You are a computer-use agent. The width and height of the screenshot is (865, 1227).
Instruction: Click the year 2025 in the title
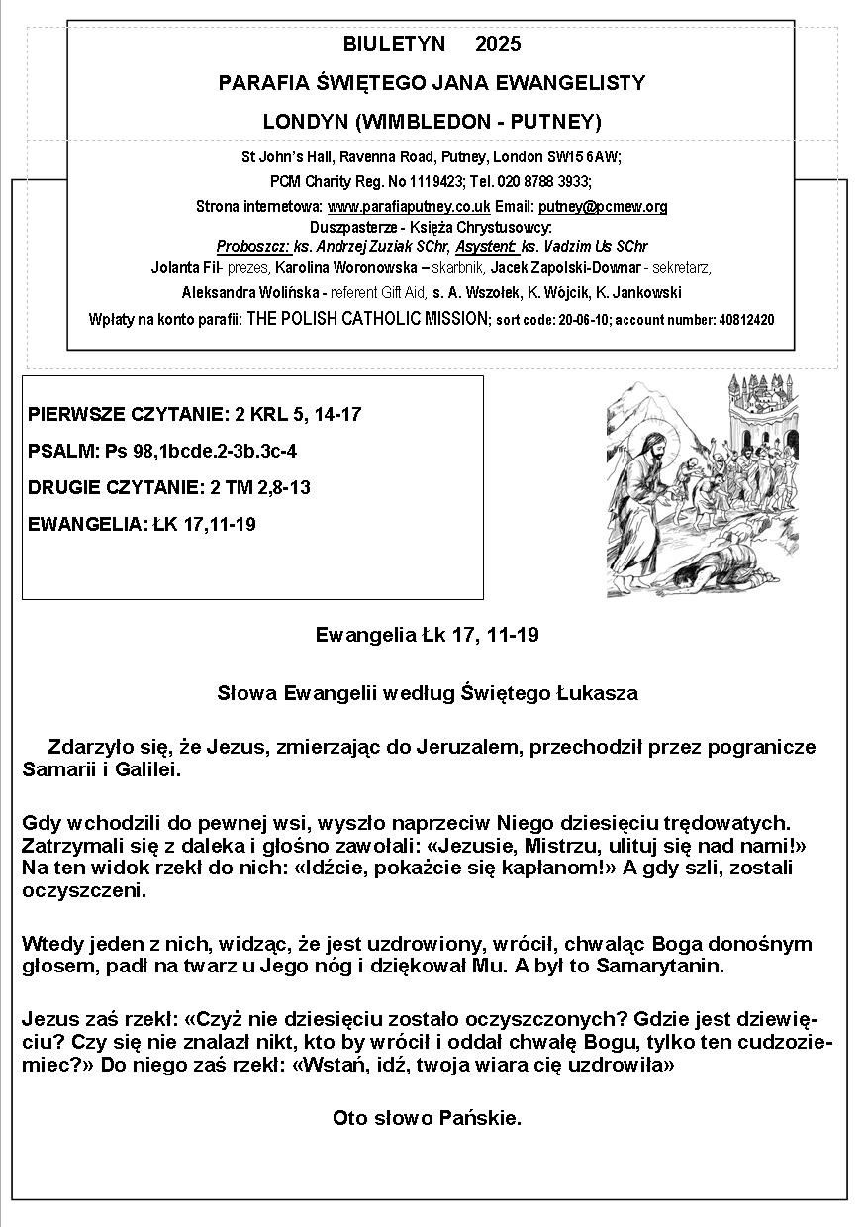pyautogui.click(x=498, y=44)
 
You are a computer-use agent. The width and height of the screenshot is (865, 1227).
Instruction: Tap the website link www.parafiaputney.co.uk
pyautogui.click(x=409, y=207)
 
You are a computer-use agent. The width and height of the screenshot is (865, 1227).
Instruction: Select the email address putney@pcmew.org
pyautogui.click(x=603, y=207)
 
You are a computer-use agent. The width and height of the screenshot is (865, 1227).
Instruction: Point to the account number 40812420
pyautogui.click(x=740, y=320)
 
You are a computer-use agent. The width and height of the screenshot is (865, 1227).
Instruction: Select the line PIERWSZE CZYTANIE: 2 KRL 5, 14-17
pyautogui.click(x=194, y=414)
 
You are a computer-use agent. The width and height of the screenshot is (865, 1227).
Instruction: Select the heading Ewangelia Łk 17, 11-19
pyautogui.click(x=427, y=635)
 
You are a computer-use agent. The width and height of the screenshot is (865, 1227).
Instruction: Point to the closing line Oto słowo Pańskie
pyautogui.click(x=427, y=1118)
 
